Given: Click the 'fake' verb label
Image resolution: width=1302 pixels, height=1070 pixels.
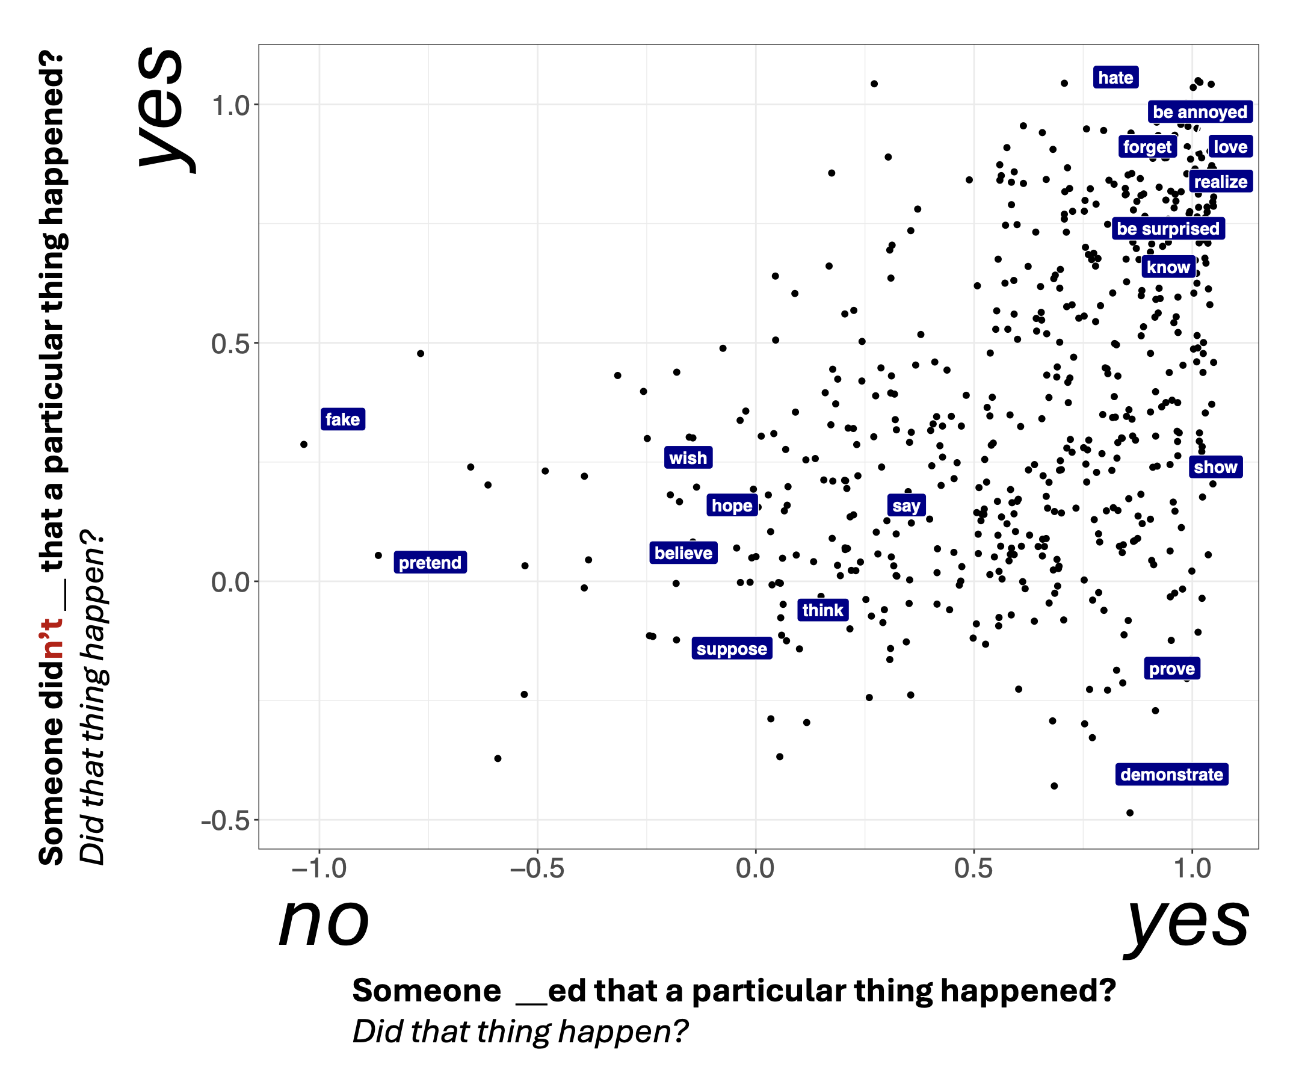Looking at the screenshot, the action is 342,419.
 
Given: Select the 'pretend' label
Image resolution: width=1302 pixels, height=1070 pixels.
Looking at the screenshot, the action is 430,562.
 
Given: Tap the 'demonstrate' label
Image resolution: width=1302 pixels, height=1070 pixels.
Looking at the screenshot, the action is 1171,774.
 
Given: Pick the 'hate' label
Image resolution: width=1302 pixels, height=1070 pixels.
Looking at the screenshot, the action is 1115,77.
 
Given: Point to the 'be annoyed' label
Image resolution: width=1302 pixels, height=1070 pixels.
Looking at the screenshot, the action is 1200,111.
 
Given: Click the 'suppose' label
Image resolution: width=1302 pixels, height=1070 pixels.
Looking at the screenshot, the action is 732,648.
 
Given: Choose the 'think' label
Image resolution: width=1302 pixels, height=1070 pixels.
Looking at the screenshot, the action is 822,610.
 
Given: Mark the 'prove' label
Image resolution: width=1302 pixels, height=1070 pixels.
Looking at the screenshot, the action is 1171,668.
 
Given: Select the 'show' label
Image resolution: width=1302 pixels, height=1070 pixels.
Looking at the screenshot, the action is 1215,466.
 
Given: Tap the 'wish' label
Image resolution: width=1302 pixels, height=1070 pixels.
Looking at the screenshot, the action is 688,457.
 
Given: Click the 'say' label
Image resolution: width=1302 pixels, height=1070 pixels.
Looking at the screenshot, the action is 906,506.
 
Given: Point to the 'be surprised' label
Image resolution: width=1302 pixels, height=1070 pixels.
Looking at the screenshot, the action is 1168,228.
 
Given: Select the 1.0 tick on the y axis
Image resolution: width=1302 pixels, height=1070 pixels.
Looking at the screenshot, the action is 230,105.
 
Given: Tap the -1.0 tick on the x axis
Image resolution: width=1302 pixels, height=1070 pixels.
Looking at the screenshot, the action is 319,868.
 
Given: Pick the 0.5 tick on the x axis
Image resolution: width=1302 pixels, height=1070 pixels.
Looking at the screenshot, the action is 973,868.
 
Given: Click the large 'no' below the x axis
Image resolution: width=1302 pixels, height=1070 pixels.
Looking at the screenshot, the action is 324,923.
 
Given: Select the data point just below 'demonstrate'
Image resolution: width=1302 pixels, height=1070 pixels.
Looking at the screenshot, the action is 1129,812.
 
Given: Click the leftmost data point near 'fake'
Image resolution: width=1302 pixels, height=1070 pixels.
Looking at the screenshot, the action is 304,444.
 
